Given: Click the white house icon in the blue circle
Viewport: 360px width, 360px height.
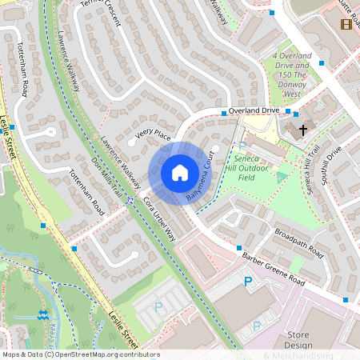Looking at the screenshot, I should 179,173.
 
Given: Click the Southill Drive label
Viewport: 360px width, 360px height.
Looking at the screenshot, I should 331,166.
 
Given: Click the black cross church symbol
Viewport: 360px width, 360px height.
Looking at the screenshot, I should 303,129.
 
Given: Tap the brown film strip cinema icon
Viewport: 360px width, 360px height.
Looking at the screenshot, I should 346,25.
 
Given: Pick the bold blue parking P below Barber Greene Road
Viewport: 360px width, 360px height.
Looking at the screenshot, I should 247,282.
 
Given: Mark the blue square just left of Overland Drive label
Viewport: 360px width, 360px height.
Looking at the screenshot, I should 224,114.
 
